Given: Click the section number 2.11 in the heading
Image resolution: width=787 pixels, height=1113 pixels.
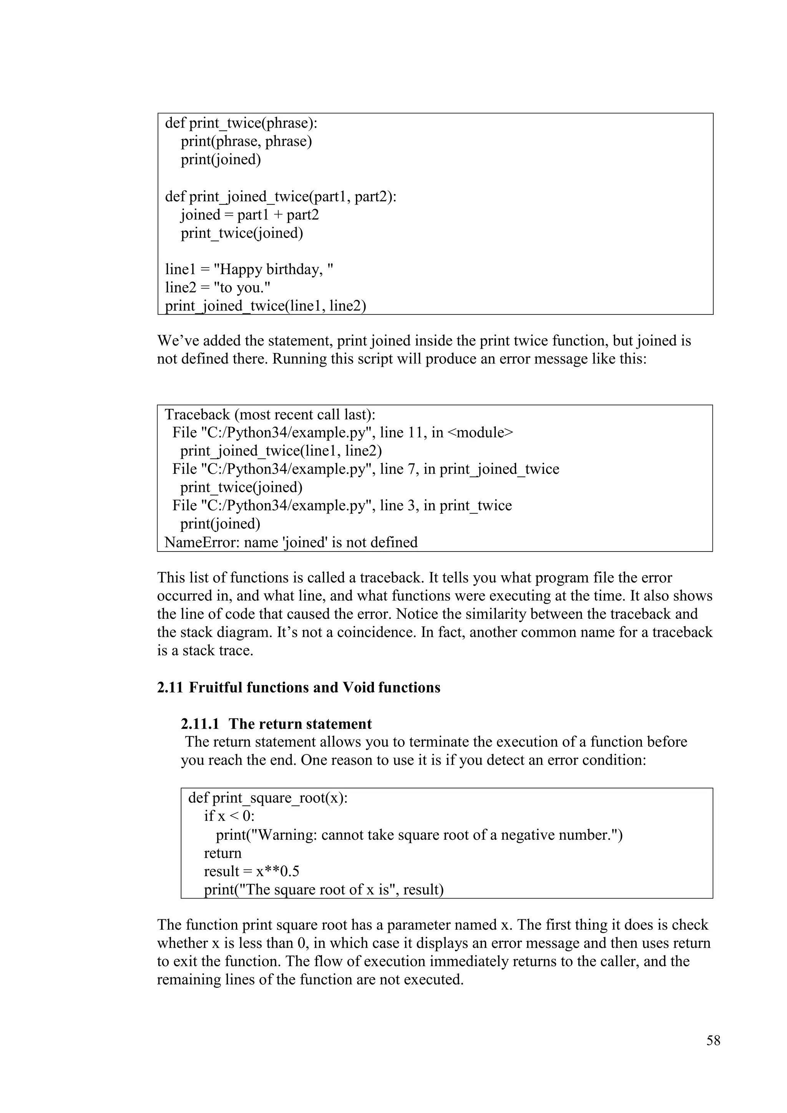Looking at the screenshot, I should tap(169, 688).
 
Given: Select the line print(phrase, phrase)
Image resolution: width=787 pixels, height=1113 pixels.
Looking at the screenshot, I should tap(246, 141).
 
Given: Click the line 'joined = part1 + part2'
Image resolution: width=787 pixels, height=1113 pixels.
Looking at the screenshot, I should tap(249, 215).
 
